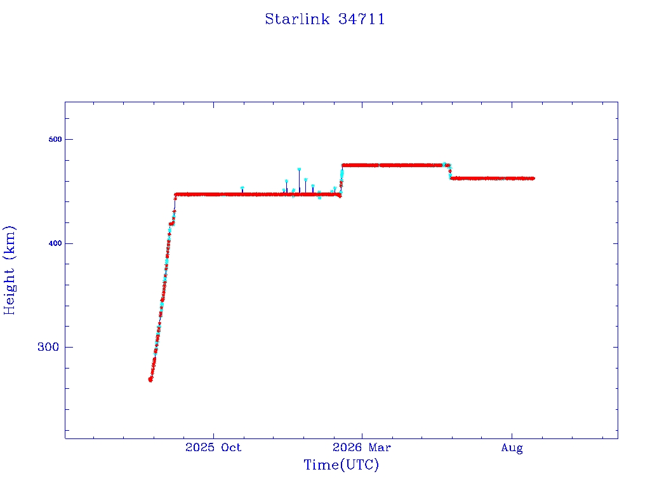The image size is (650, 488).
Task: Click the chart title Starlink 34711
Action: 325,19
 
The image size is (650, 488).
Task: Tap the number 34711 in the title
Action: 361,19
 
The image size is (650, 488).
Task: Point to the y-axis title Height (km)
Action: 9,270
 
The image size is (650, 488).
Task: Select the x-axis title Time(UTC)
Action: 341,464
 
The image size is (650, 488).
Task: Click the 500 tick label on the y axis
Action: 55,139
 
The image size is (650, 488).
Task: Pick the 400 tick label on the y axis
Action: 55,243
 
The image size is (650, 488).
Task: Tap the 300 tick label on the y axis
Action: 48,347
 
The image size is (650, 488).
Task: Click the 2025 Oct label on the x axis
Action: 213,447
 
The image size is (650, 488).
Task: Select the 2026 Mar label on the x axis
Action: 361,447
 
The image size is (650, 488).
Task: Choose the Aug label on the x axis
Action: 512,448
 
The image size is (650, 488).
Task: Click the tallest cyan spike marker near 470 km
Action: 299,169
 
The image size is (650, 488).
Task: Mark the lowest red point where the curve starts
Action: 150,380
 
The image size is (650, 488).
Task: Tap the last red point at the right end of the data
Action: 533,179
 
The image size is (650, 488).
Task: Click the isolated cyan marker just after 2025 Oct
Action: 242,188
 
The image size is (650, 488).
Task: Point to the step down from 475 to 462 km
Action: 450,172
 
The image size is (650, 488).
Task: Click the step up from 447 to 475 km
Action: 342,179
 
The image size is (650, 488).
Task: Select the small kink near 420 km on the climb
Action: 171,224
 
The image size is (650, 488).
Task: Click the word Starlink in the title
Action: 298,19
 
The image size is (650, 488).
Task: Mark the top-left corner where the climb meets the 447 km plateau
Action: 175,194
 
